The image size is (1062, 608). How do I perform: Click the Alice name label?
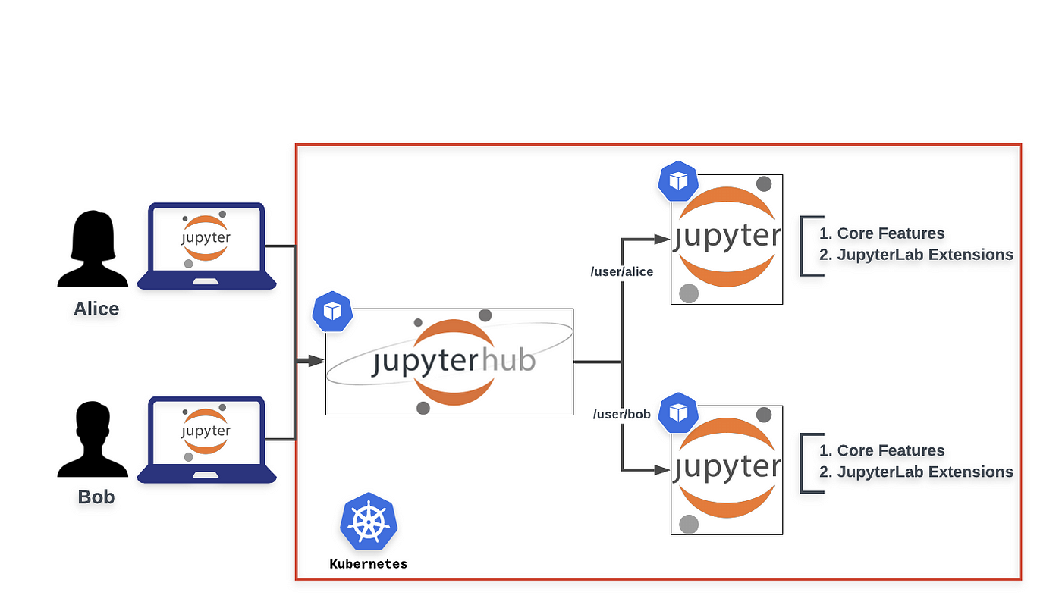pyautogui.click(x=96, y=309)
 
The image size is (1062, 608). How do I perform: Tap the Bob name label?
pyautogui.click(x=96, y=497)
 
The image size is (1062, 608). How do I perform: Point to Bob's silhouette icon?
pyautogui.click(x=93, y=440)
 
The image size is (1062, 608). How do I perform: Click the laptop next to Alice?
pyautogui.click(x=206, y=246)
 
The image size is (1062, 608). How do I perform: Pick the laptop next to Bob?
pyautogui.click(x=206, y=440)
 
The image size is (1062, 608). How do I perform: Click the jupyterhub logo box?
pyautogui.click(x=449, y=362)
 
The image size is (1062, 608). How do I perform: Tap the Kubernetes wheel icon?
pyautogui.click(x=369, y=522)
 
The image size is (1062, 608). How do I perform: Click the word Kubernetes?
pyautogui.click(x=369, y=564)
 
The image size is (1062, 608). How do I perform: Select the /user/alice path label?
pyautogui.click(x=622, y=271)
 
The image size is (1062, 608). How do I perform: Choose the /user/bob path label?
pyautogui.click(x=622, y=415)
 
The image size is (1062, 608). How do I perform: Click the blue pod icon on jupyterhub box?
pyautogui.click(x=333, y=312)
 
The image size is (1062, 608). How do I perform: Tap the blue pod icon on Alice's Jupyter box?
pyautogui.click(x=677, y=181)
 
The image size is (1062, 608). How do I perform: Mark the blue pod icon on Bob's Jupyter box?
pyautogui.click(x=677, y=412)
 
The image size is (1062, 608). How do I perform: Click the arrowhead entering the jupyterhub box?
pyautogui.click(x=317, y=361)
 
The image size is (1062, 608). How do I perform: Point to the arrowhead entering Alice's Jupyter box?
pyautogui.click(x=662, y=239)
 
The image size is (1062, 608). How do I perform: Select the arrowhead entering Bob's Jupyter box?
pyautogui.click(x=662, y=470)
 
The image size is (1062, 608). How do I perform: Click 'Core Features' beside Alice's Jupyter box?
pyautogui.click(x=891, y=233)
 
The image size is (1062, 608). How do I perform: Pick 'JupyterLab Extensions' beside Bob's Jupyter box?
pyautogui.click(x=925, y=472)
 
